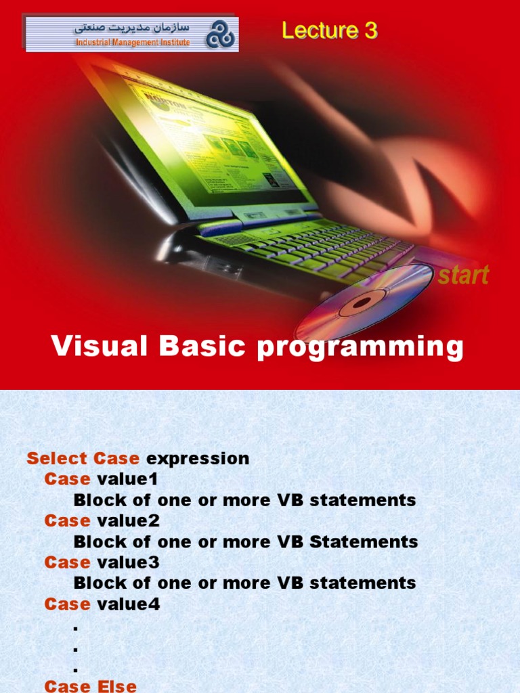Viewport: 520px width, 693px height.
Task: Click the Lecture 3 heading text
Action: pos(329,30)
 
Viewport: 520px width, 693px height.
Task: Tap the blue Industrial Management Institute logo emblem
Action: pos(221,35)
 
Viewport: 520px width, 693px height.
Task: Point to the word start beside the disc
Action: pos(463,275)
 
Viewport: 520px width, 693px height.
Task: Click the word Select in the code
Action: pos(58,458)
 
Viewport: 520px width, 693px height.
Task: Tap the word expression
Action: pos(198,460)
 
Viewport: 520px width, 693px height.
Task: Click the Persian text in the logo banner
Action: pos(132,28)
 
